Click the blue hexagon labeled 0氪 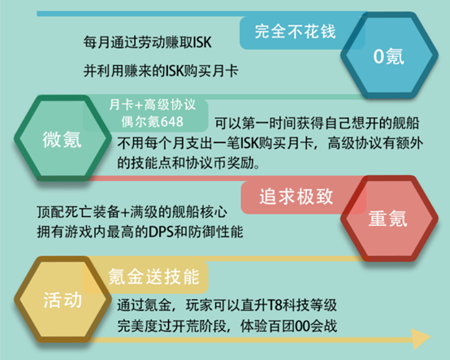click(389, 55)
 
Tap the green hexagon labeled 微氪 click(63, 138)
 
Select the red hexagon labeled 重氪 click(389, 219)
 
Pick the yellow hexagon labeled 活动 click(63, 299)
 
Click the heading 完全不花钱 click(295, 32)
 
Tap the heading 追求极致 click(296, 197)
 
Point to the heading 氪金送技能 click(154, 277)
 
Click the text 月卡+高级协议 click(153, 105)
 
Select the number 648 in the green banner click(171, 122)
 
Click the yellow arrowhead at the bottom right click(421, 338)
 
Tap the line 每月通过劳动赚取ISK click(148, 42)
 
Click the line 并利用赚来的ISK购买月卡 click(161, 71)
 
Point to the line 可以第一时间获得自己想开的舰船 click(317, 123)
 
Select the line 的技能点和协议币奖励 click(188, 163)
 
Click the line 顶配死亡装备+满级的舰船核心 click(132, 212)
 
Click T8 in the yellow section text click(275, 305)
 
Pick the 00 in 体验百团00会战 click(302, 326)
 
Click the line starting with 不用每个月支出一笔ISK click(270, 143)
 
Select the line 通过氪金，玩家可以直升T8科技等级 click(227, 305)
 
